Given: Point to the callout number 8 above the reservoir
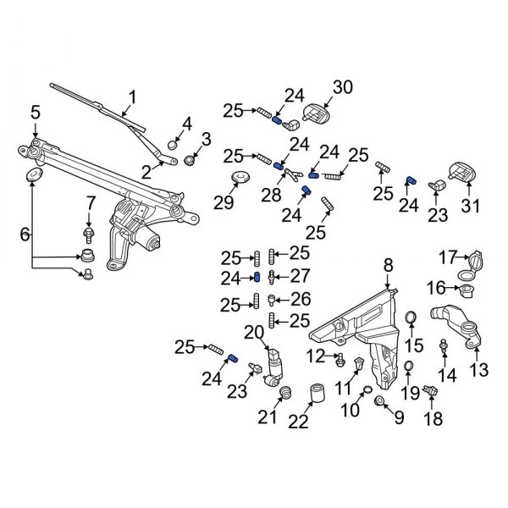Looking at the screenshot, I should coord(388,266).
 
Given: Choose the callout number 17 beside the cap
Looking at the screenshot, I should coord(447,257).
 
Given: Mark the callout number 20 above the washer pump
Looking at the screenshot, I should coord(255,331).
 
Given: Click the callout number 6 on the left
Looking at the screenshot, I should coord(24,233).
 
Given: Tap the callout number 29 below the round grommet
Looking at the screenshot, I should coord(224,204).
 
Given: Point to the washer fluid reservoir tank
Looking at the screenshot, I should coord(360,326).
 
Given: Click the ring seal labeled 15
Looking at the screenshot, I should coord(411,318).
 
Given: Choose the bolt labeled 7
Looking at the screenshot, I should coord(87,230).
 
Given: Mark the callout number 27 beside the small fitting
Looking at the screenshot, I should coord(300,276).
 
